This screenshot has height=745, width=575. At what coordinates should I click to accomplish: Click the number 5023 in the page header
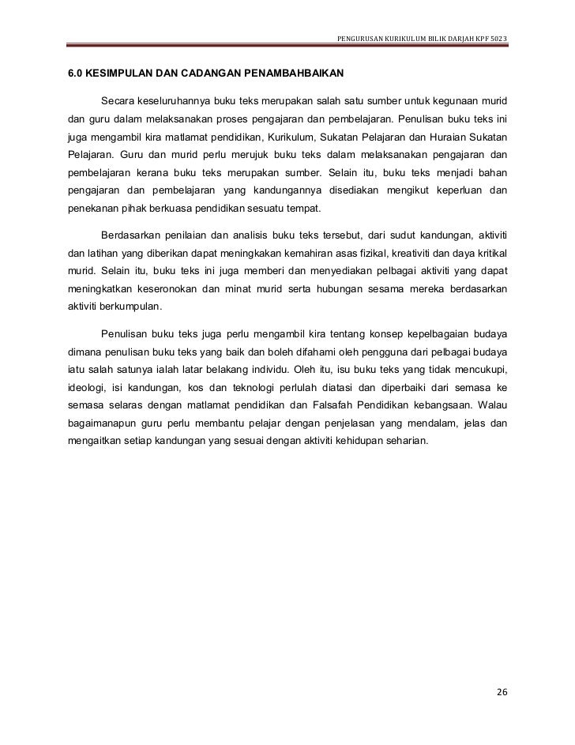[x=498, y=40]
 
